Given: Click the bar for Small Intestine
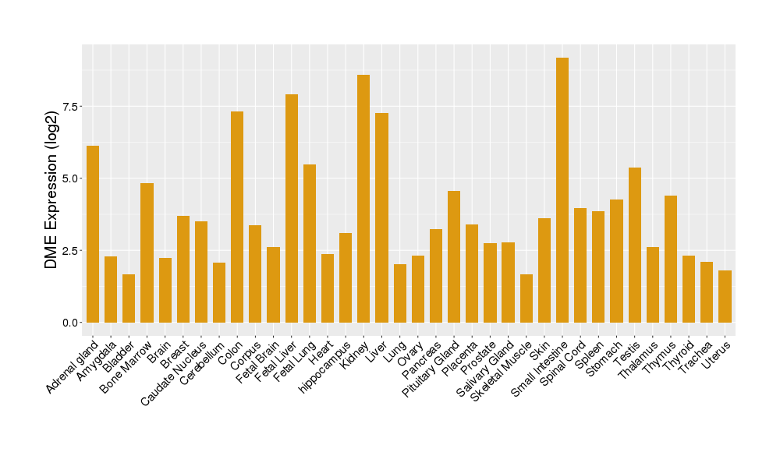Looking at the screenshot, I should coord(562,190).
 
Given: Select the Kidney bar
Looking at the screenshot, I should coord(363,199).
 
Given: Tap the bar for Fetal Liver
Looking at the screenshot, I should coord(292,208).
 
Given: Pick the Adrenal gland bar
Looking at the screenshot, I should coord(93,234).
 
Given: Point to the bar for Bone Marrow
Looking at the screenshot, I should coord(147,252).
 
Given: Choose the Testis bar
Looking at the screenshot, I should coord(634,245).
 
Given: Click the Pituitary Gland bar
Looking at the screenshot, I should coord(454,256).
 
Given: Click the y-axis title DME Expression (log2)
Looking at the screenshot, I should coord(51,191).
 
